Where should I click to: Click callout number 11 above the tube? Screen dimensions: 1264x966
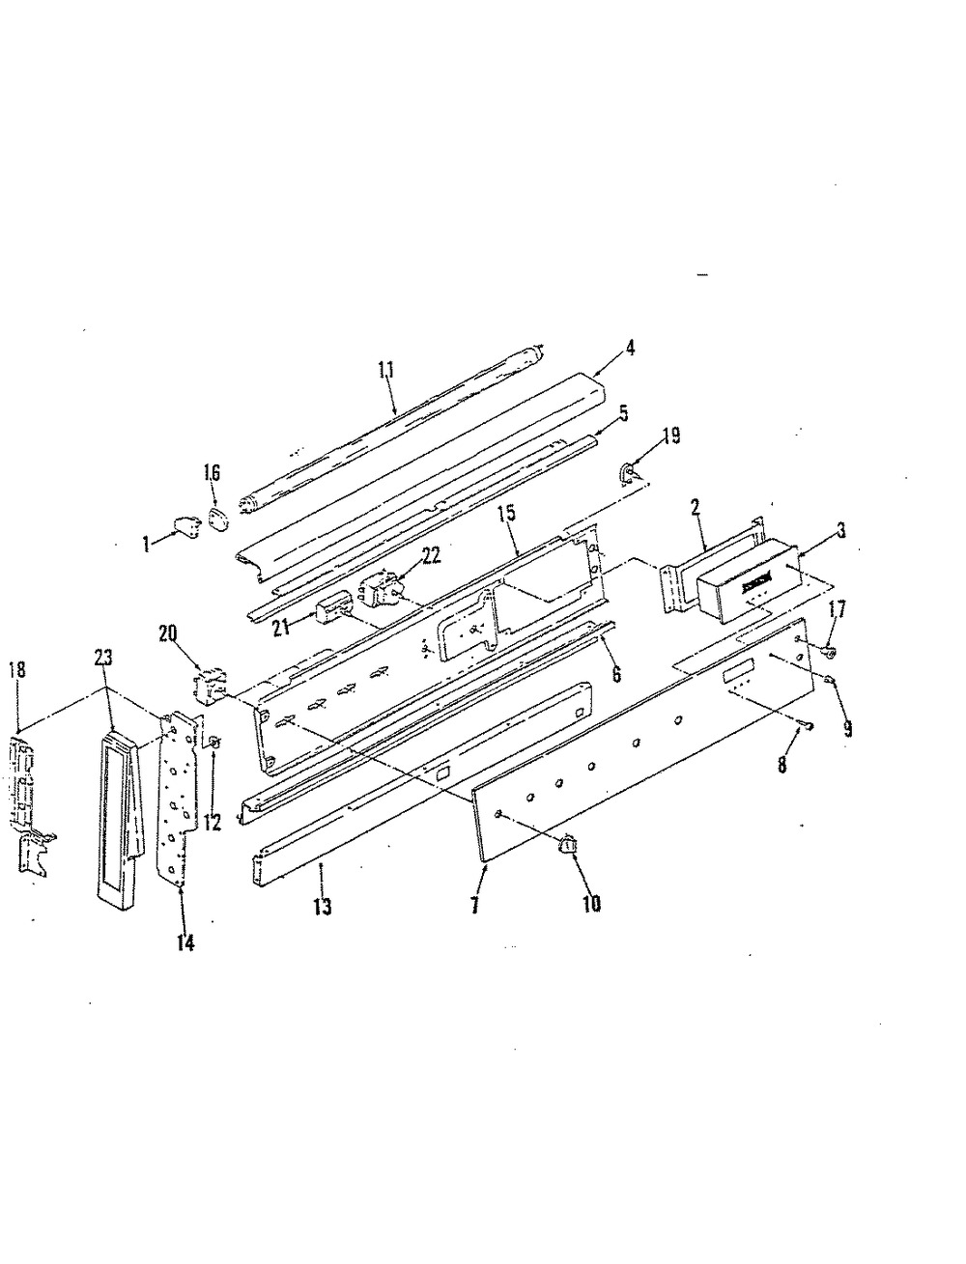(x=386, y=370)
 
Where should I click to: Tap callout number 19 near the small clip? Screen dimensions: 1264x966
(x=670, y=435)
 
